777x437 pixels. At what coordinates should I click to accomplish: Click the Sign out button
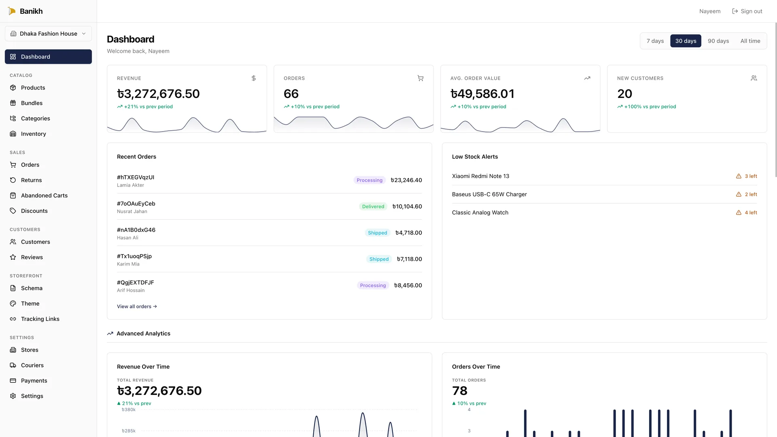(x=747, y=11)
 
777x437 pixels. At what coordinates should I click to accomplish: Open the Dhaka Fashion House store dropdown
(x=48, y=34)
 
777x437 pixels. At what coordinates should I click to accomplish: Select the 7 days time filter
(x=655, y=41)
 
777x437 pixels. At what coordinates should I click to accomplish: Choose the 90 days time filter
(x=718, y=41)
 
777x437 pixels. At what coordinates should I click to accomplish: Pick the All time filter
(x=750, y=41)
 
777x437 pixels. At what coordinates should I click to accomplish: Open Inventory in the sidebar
(x=33, y=134)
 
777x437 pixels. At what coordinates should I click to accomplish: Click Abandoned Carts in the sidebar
(x=44, y=195)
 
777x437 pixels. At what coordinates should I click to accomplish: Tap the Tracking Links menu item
(x=40, y=319)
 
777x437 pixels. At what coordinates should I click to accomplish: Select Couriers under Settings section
(x=32, y=365)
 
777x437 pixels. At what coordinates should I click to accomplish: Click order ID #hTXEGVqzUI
(x=136, y=177)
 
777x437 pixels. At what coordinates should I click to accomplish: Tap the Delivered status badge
(x=373, y=206)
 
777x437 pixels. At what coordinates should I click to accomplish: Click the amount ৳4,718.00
(x=408, y=233)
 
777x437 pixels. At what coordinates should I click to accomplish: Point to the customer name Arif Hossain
(x=131, y=291)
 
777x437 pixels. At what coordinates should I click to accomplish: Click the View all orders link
(x=137, y=307)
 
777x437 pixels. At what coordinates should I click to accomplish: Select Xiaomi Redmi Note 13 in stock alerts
(x=480, y=176)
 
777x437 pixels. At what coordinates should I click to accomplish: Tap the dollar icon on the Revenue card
(x=253, y=78)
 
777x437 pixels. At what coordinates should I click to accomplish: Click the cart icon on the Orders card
(x=420, y=78)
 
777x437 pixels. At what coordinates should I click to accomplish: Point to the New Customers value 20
(x=624, y=94)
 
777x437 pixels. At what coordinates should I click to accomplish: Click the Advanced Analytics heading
(x=143, y=333)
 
